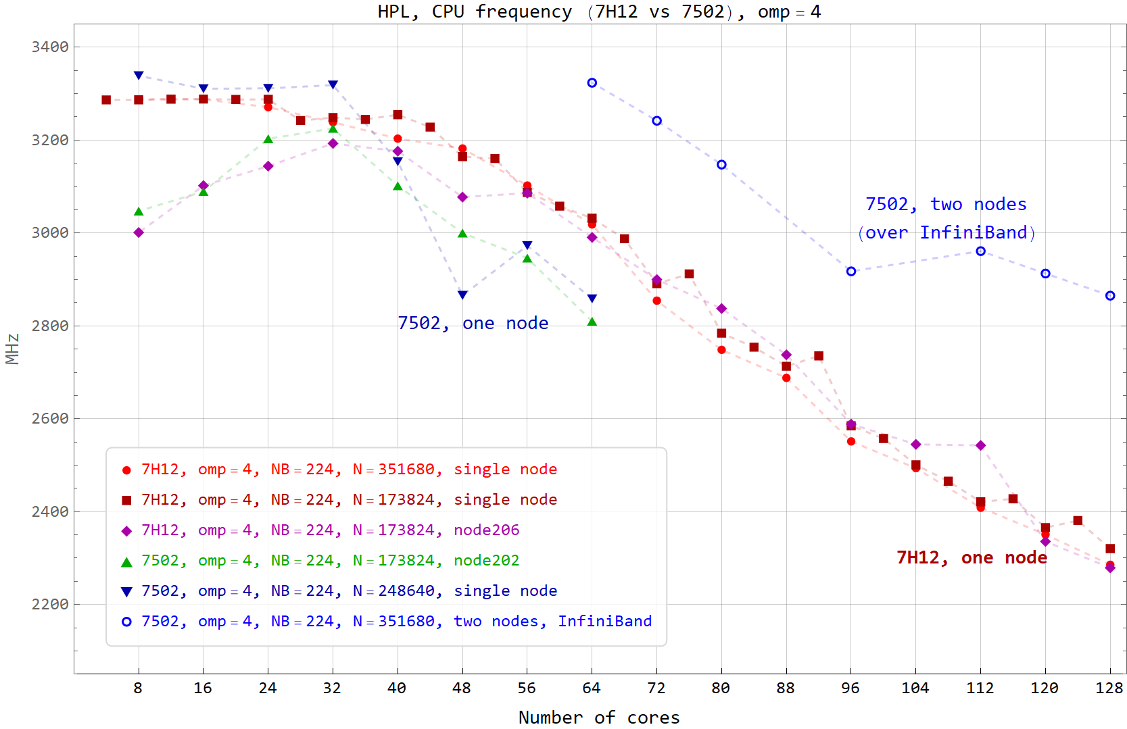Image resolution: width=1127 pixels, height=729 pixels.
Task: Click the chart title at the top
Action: [x=599, y=11]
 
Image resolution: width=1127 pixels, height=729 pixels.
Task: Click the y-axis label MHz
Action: [x=12, y=349]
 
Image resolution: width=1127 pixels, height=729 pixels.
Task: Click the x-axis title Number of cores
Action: [x=599, y=718]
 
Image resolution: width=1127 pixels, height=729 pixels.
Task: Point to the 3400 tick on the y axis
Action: [x=50, y=47]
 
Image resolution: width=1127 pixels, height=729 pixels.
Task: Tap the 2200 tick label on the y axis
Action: [x=50, y=604]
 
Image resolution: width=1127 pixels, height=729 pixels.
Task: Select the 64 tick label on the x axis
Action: [x=592, y=688]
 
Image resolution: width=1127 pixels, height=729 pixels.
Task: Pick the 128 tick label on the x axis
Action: [x=1109, y=688]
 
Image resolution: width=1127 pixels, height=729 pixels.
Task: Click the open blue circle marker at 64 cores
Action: [x=592, y=82]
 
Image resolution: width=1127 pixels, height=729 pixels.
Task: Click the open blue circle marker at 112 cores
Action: [x=980, y=251]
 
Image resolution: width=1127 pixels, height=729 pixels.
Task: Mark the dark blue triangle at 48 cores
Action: [x=462, y=295]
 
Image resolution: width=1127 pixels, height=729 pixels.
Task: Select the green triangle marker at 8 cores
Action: [x=139, y=211]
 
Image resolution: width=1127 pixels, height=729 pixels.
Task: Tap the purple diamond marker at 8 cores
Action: [x=139, y=232]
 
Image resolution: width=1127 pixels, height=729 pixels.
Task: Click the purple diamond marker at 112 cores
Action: [x=980, y=445]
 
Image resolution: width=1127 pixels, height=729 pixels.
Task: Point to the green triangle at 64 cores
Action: [x=592, y=322]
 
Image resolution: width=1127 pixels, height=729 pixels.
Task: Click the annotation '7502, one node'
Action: [x=473, y=323]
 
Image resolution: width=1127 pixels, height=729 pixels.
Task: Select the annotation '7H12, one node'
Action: [x=972, y=557]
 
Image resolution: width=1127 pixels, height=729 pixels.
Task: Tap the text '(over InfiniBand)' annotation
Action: [x=946, y=233]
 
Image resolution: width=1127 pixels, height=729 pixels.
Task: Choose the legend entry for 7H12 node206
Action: [x=320, y=530]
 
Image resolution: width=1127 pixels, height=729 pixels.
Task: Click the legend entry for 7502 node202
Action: [x=320, y=561]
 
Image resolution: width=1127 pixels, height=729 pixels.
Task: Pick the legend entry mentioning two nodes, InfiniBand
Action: [x=386, y=622]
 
